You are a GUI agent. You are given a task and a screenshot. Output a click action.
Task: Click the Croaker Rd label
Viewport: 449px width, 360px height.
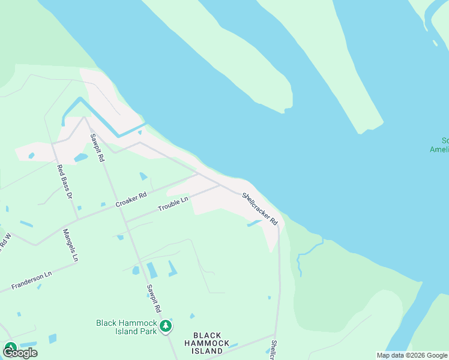point(131,200)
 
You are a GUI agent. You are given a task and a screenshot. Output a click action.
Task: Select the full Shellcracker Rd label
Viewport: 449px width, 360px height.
point(260,208)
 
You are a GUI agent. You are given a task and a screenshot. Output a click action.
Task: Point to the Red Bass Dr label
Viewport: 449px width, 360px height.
point(64,182)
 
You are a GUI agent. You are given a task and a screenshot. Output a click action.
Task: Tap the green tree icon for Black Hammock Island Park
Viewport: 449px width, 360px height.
point(166,327)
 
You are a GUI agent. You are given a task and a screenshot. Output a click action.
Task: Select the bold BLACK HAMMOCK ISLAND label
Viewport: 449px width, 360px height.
point(207,343)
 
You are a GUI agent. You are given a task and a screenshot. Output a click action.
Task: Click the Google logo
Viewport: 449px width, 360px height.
point(20,352)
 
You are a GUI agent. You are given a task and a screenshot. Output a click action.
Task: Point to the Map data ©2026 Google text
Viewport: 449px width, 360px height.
point(411,355)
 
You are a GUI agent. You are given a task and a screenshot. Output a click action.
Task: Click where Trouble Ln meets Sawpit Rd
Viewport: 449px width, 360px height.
point(125,221)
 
